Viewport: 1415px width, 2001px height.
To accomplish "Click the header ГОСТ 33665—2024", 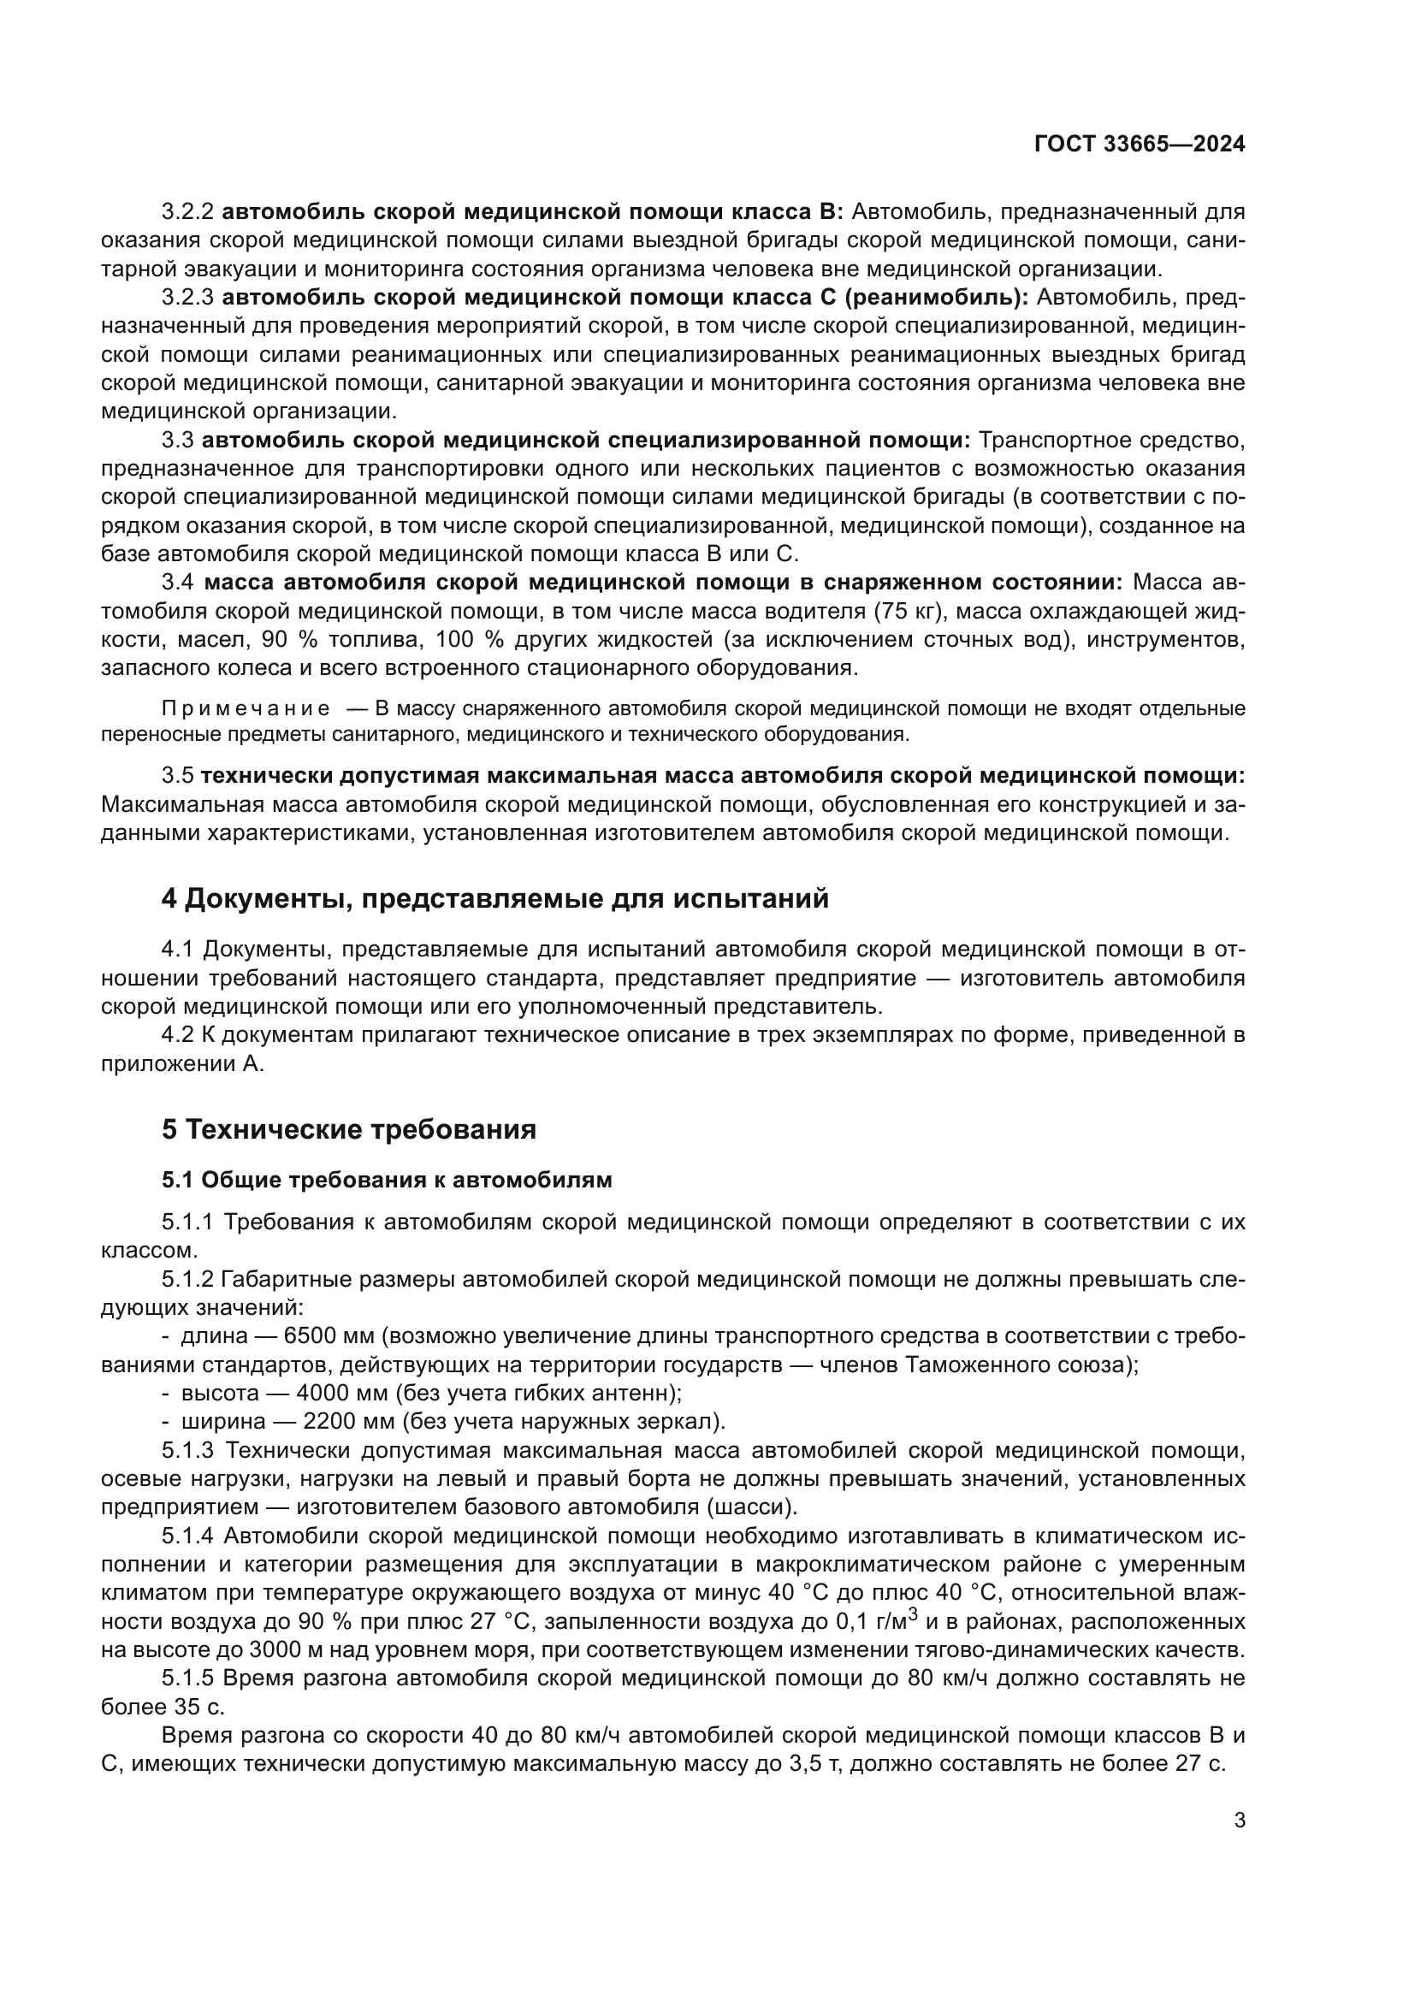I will coord(1140,145).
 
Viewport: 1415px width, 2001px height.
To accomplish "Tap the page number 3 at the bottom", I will coord(1239,1820).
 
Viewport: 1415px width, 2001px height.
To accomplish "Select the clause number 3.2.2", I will coord(187,212).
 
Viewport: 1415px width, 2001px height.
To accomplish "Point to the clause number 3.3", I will coord(178,440).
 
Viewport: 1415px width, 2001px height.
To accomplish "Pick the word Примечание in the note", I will coord(246,708).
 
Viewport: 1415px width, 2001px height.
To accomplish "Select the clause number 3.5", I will coord(178,776).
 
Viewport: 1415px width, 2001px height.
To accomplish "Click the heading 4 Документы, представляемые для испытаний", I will coord(494,898).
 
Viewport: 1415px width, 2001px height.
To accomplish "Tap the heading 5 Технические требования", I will coord(348,1129).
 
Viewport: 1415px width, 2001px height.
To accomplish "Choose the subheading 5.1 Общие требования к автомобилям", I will coord(387,1180).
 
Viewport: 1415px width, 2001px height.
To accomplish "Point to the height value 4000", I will coord(326,1394).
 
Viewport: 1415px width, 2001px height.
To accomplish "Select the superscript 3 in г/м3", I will coord(912,1615).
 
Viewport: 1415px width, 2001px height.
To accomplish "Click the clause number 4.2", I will coord(178,1035).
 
